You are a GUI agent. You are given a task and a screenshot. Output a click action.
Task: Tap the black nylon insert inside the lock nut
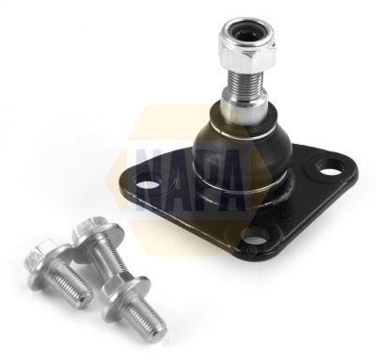coord(247,32)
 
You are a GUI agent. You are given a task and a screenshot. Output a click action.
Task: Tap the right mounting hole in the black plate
coord(328,167)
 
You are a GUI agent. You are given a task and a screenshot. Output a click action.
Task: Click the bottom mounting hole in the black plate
coord(256,239)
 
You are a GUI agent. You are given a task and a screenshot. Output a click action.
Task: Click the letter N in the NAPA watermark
coord(154,180)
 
